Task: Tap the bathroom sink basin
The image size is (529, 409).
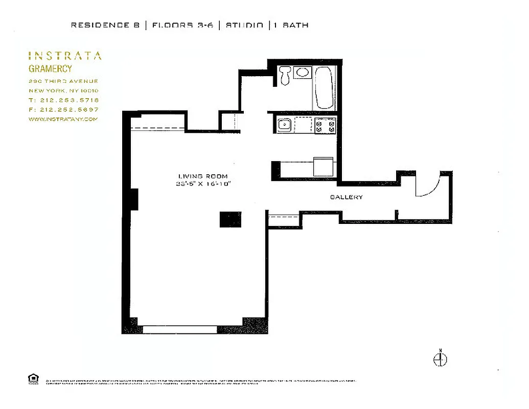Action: (x=303, y=73)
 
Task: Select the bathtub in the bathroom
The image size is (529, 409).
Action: (x=324, y=87)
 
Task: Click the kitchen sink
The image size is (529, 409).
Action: (x=284, y=125)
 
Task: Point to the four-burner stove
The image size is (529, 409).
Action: (x=325, y=125)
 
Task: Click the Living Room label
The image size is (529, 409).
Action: (x=203, y=176)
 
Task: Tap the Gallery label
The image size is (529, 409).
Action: (x=346, y=197)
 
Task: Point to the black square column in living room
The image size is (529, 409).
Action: (x=230, y=219)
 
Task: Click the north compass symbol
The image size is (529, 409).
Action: (x=440, y=359)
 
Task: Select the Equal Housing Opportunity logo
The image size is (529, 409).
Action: (x=33, y=379)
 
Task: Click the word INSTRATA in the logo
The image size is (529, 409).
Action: (x=64, y=56)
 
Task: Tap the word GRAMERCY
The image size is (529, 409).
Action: (x=50, y=69)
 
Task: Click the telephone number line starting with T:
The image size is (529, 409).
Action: (x=63, y=100)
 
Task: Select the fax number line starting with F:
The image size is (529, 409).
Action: (x=63, y=109)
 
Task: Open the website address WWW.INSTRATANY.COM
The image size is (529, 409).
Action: (x=62, y=119)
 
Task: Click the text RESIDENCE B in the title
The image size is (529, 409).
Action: (x=105, y=25)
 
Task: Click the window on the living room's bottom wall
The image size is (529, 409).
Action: (x=179, y=330)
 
